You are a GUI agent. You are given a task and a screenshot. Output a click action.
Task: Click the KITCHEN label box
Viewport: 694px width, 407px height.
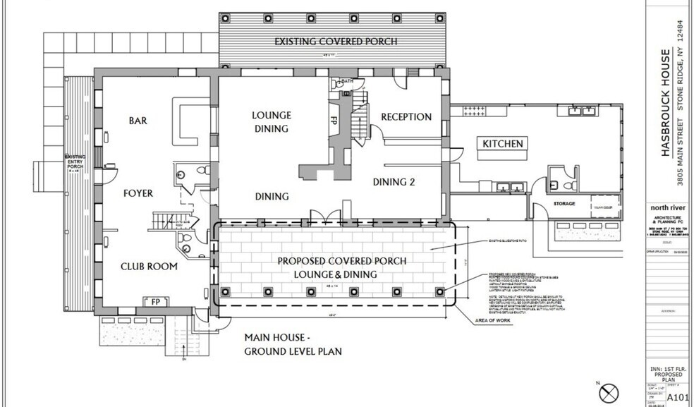(x=503, y=144)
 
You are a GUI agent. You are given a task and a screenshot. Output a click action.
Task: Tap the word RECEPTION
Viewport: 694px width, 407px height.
(x=406, y=116)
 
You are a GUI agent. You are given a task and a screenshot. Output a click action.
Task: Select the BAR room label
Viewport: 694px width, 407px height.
(x=138, y=121)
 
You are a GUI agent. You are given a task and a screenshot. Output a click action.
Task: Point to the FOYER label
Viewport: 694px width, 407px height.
(x=138, y=193)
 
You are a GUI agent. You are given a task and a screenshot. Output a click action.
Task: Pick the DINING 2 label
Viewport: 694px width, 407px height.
(x=393, y=182)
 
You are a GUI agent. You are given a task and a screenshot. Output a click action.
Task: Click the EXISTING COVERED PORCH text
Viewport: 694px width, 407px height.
(x=335, y=42)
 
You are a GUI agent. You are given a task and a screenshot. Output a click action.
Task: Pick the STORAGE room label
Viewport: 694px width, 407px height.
(x=562, y=204)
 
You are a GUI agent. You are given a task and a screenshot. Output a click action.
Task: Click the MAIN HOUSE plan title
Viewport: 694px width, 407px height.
(x=293, y=344)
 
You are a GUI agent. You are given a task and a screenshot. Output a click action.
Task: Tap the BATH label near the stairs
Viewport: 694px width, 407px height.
(x=346, y=82)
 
